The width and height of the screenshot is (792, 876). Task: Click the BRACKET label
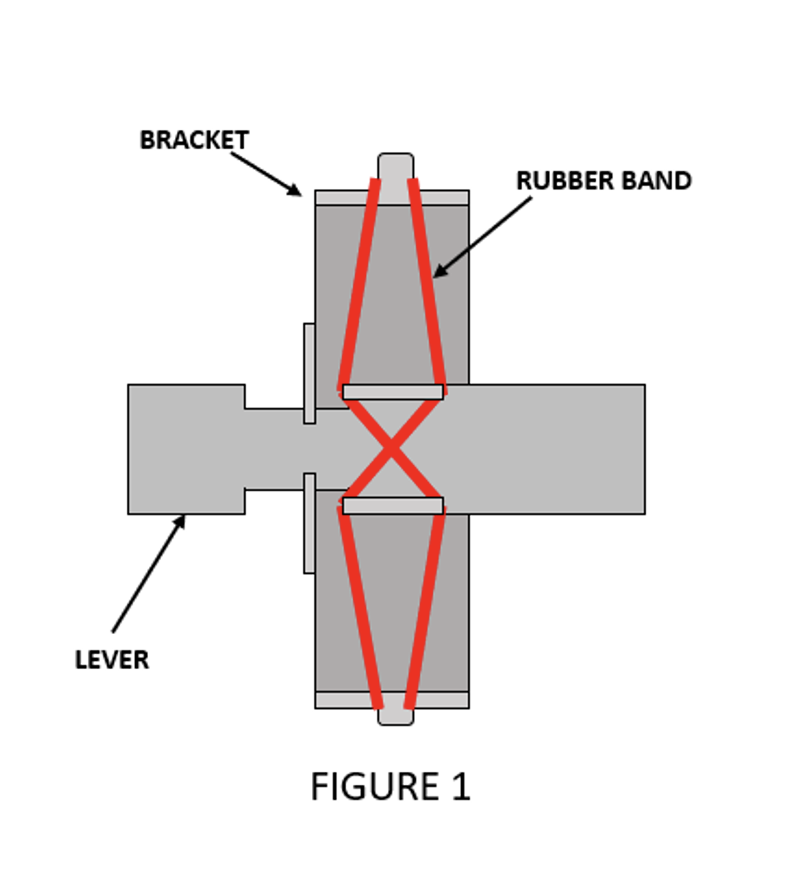coord(194,140)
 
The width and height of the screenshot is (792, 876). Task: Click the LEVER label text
coord(112,660)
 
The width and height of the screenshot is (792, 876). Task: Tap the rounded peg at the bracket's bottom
coord(395,717)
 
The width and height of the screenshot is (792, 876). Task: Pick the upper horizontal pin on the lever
coord(392,392)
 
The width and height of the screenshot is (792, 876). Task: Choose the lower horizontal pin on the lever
coord(392,506)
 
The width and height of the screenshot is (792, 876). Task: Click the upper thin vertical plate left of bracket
coord(309,373)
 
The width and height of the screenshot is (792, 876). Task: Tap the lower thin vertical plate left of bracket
coord(309,523)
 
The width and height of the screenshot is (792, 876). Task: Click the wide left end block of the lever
coord(186,449)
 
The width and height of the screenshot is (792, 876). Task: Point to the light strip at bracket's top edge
coord(344,198)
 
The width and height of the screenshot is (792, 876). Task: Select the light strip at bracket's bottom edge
coord(344,700)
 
